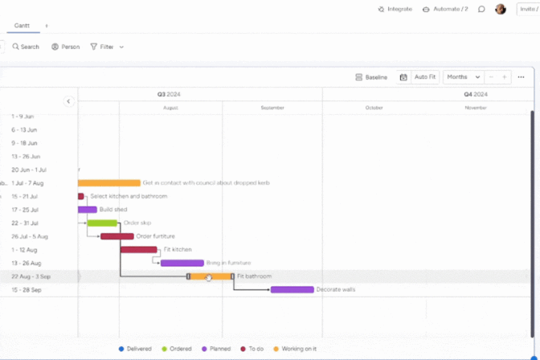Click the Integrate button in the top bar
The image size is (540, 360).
[395, 9]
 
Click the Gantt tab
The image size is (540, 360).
[22, 26]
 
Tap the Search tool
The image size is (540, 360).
[26, 47]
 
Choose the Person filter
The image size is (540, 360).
[66, 47]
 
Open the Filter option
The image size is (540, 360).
[107, 47]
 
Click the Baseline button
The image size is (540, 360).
[371, 77]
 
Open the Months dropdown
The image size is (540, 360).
[463, 77]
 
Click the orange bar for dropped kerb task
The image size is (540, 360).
[108, 183]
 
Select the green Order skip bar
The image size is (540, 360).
[102, 223]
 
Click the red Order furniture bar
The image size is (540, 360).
[117, 236]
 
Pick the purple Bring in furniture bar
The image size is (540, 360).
[182, 263]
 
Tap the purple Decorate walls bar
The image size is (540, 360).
[292, 289]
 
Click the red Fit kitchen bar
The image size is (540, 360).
[138, 249]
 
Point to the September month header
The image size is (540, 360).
[272, 107]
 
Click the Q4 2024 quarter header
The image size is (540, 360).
[475, 94]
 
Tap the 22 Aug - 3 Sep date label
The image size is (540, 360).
[31, 276]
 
